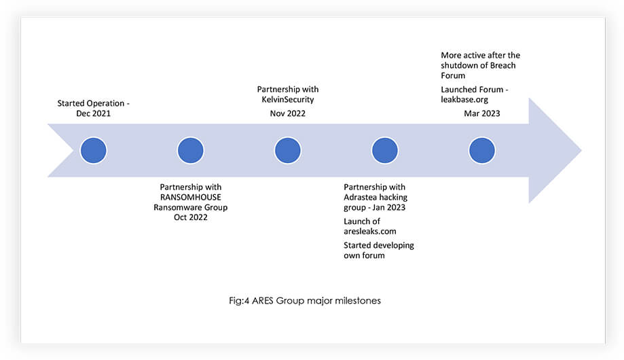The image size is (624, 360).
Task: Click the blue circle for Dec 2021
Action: [x=94, y=151]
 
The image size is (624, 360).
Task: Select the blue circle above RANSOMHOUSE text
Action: [x=191, y=151]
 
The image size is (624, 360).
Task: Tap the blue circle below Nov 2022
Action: [x=288, y=151]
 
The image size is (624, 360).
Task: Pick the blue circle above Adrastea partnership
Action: [x=385, y=151]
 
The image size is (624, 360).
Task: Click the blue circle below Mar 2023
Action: [x=482, y=151]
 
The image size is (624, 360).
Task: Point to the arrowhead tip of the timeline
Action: [x=581, y=151]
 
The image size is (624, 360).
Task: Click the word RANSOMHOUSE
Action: [x=191, y=197]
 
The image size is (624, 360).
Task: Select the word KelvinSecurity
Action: [x=288, y=100]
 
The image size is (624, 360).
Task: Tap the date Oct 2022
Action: [x=191, y=217]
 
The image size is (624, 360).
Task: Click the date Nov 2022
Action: [x=288, y=113]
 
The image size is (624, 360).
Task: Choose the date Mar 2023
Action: [x=482, y=113]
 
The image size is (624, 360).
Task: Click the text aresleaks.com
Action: [x=370, y=232]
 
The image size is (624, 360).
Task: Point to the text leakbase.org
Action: [x=464, y=100]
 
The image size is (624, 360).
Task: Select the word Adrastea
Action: [x=360, y=197]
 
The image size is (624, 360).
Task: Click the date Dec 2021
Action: [x=94, y=113]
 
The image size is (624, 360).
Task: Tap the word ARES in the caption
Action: [x=262, y=301]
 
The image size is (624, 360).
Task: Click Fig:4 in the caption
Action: [x=239, y=301]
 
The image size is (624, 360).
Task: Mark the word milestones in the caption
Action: [x=358, y=301]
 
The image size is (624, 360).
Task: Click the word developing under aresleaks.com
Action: [x=390, y=246]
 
